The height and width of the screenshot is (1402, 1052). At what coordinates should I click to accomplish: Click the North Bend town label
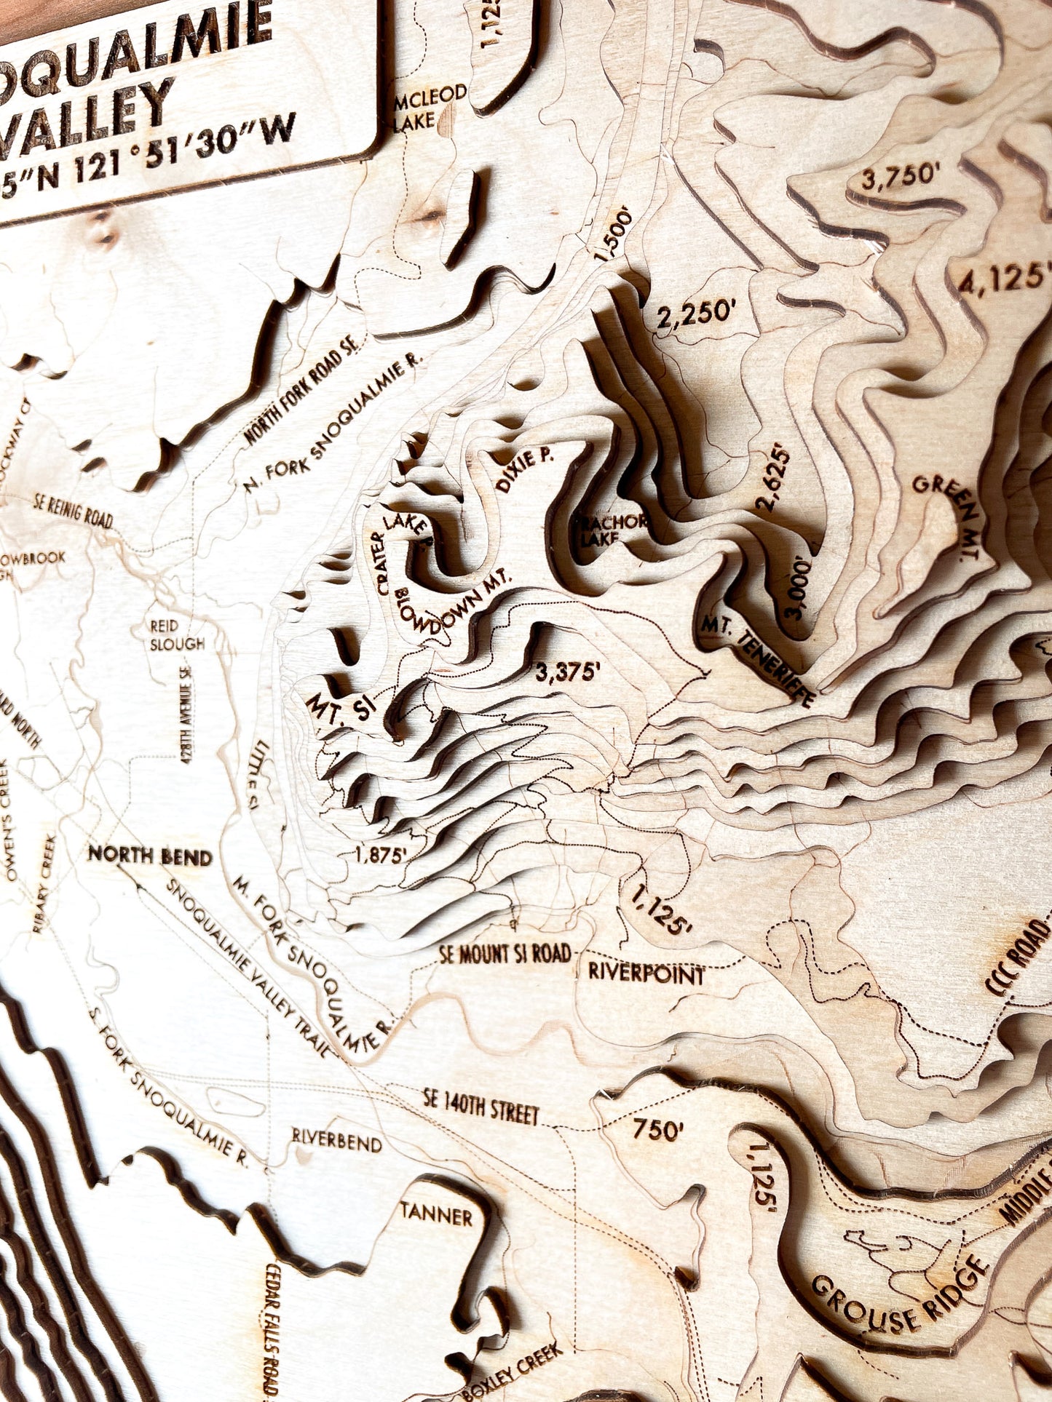click(150, 856)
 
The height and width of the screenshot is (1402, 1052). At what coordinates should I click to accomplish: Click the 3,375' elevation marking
click(568, 673)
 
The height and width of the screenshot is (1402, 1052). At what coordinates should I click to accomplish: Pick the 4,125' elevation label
click(1003, 279)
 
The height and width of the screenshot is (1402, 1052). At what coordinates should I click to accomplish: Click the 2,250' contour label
click(693, 312)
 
